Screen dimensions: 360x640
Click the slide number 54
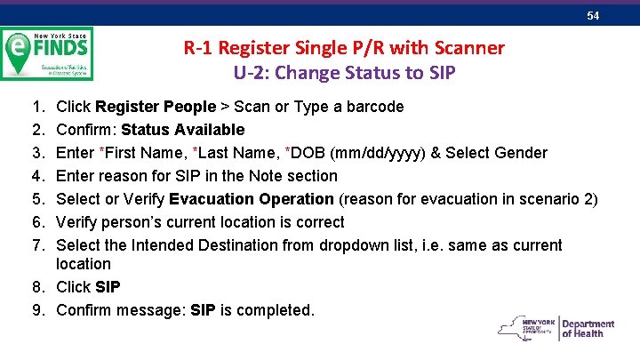tap(593, 17)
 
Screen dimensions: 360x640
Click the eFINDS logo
tap(47, 53)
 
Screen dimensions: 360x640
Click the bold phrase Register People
tap(156, 107)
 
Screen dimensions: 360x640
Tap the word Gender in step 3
tap(522, 153)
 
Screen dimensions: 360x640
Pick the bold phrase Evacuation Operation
tap(252, 199)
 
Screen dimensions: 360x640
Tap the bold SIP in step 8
tap(108, 287)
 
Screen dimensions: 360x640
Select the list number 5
tap(31, 199)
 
